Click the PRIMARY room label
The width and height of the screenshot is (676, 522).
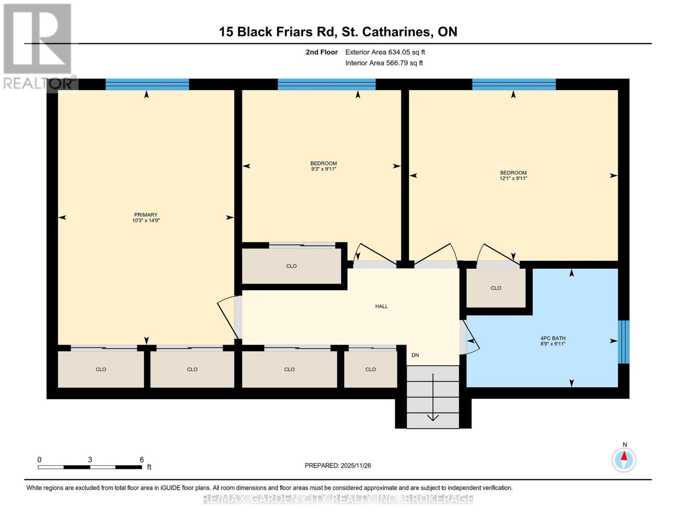tap(145, 215)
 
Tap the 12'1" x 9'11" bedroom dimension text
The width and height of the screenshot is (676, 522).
tap(513, 178)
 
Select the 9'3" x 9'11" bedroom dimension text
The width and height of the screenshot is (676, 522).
tap(323, 169)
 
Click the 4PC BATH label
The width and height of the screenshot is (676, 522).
tap(553, 338)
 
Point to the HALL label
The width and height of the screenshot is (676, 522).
tap(381, 306)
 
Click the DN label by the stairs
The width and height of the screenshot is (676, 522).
tap(415, 355)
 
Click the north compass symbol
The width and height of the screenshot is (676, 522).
tap(624, 459)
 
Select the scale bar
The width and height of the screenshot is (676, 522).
tap(90, 467)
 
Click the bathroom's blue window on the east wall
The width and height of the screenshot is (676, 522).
tap(623, 342)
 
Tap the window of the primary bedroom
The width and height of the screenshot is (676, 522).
tap(147, 84)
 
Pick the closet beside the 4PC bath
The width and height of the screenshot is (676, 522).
tap(496, 288)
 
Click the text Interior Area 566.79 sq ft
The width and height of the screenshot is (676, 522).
tap(384, 63)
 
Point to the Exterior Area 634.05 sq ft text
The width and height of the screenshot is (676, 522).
tap(385, 52)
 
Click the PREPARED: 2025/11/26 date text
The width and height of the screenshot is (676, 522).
tap(338, 465)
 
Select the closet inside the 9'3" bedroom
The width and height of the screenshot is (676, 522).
tap(291, 266)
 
